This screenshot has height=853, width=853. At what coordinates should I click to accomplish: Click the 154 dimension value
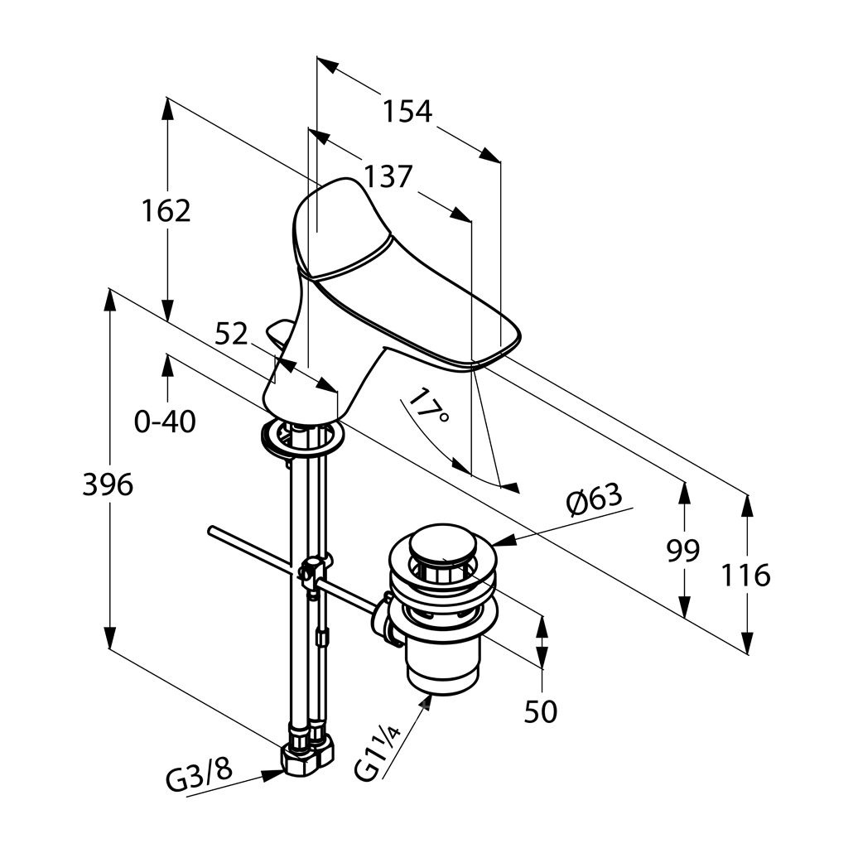click(x=407, y=110)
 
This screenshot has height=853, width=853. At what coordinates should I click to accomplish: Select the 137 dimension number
click(x=386, y=176)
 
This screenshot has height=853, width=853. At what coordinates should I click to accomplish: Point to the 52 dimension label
click(x=232, y=334)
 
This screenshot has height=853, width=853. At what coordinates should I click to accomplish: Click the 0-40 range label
click(x=166, y=422)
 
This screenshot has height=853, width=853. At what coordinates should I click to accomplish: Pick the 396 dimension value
click(x=108, y=484)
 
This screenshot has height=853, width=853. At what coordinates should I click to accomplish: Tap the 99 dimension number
click(x=683, y=550)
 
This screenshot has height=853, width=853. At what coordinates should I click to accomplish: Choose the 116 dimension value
click(x=746, y=574)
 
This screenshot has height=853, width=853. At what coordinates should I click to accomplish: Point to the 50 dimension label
click(x=541, y=711)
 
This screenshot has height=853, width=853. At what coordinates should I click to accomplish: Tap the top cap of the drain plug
click(x=439, y=546)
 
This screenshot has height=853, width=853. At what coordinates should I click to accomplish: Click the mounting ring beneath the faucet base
click(x=299, y=436)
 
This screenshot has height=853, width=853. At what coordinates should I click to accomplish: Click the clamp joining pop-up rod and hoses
click(x=313, y=573)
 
